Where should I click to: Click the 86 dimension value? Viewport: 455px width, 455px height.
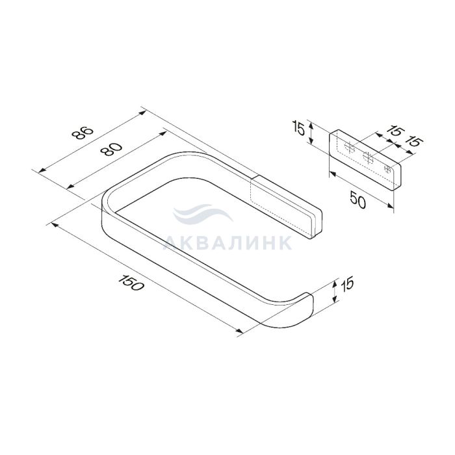point(83,134)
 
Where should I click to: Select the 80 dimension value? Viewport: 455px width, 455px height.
point(110,149)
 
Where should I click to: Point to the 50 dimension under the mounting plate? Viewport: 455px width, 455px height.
point(358,200)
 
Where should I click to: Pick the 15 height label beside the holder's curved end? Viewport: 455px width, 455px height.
point(347,284)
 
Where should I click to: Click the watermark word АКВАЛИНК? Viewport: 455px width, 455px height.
point(227,242)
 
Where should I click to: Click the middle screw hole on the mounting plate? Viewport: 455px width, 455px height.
point(368,158)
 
